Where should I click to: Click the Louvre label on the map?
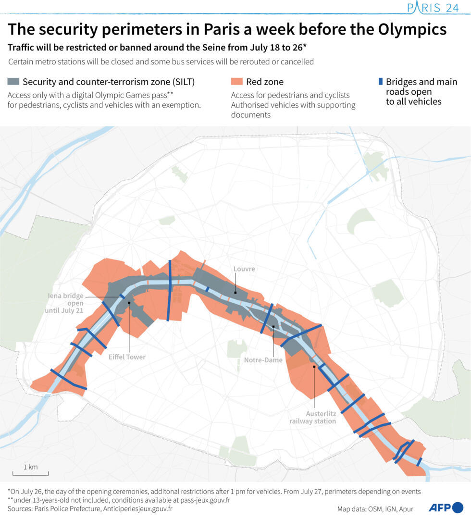[244, 269]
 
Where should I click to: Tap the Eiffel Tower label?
[127, 357]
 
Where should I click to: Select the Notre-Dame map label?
[263, 360]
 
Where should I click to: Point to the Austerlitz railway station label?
[313, 417]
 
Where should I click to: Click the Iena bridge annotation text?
[66, 303]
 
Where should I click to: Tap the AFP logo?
[445, 507]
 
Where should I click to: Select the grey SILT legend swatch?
[13, 82]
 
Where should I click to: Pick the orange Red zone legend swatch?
[236, 82]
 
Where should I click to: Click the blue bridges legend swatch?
[380, 82]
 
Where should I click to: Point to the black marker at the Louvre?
[235, 291]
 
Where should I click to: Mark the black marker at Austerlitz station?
[314, 367]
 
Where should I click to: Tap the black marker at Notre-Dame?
[273, 327]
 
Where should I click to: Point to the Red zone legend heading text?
[265, 82]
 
